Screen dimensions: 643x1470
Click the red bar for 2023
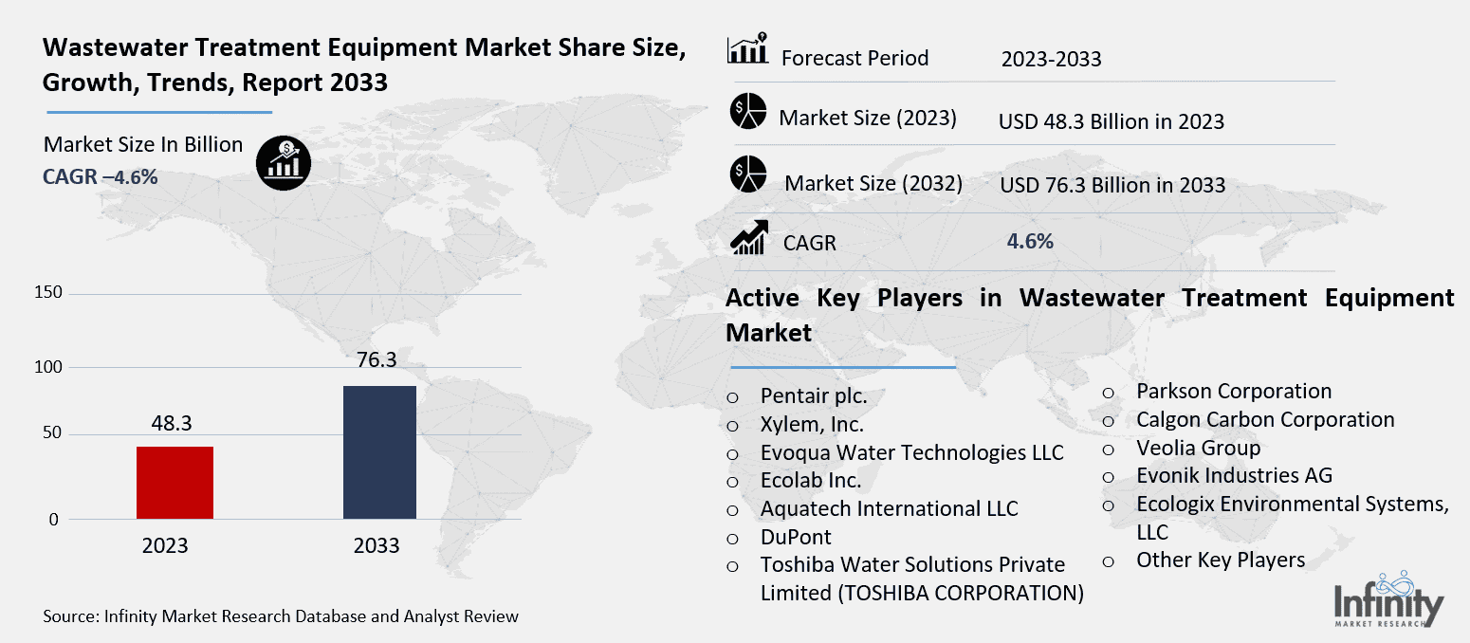pos(175,483)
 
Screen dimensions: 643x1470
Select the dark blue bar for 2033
pos(378,452)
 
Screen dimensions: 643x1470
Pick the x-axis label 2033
pos(377,546)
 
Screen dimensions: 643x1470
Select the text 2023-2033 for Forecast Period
pos(1051,59)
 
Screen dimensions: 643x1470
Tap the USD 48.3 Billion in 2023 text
pos(1111,121)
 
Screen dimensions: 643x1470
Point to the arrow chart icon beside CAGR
pos(748,237)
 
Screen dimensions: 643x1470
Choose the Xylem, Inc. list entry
pos(812,425)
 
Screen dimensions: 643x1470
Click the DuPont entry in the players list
pos(795,537)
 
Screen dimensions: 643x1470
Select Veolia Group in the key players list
pos(1198,448)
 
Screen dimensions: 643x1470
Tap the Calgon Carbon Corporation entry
pos(1265,419)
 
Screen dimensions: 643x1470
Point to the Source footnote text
pos(281,616)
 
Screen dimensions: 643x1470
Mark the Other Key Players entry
pos(1221,560)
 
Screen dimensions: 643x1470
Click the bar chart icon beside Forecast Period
pos(747,49)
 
